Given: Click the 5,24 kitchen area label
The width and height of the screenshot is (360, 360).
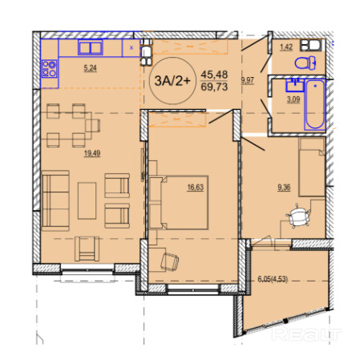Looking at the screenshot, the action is pyautogui.click(x=90, y=68).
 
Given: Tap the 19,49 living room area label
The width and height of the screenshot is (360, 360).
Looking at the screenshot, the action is pyautogui.click(x=92, y=153).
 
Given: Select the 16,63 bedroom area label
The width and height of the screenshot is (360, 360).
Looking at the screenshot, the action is pyautogui.click(x=196, y=188).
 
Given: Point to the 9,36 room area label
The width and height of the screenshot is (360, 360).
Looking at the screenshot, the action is pyautogui.click(x=284, y=188).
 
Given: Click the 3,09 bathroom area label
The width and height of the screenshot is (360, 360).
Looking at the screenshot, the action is pyautogui.click(x=293, y=99).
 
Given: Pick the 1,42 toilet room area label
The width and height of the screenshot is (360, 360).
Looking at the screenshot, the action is pyautogui.click(x=286, y=47).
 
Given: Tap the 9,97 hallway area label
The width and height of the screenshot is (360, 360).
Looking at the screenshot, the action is pyautogui.click(x=248, y=80).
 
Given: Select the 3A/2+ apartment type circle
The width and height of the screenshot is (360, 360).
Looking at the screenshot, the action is pyautogui.click(x=173, y=80).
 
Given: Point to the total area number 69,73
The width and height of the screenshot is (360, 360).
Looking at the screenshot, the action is pyautogui.click(x=214, y=87).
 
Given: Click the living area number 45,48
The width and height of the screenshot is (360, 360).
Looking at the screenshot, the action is pyautogui.click(x=214, y=75).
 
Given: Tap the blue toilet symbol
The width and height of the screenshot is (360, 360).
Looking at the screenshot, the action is pyautogui.click(x=305, y=63).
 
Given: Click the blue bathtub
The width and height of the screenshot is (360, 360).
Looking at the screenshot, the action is pyautogui.click(x=315, y=105).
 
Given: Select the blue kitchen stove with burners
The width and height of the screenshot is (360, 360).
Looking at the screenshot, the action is pyautogui.click(x=50, y=69).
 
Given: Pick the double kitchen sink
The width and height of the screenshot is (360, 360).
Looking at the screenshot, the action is pyautogui.click(x=91, y=47).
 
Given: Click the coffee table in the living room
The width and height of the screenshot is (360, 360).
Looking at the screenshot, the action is pyautogui.click(x=87, y=200).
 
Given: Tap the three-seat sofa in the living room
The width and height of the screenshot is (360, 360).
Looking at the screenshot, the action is pyautogui.click(x=55, y=200).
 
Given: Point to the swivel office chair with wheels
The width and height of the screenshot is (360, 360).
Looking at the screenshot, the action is pyautogui.click(x=298, y=216).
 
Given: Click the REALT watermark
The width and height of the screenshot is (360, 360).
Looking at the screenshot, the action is pyautogui.click(x=306, y=334).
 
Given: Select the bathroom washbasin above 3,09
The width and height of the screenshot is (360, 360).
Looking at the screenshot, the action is pyautogui.click(x=295, y=86).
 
